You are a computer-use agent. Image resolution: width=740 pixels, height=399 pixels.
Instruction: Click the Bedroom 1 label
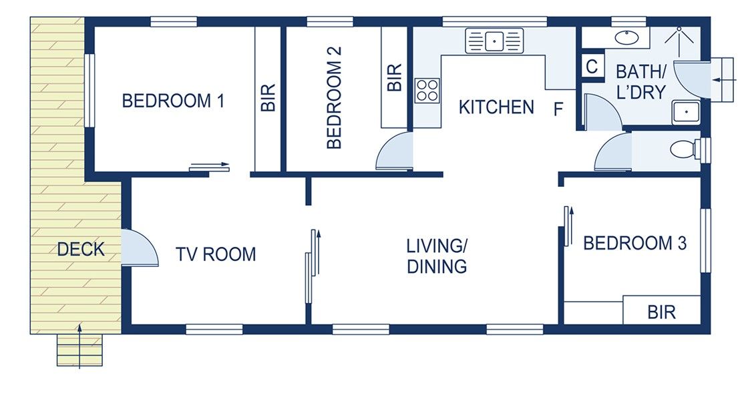coord(173,101)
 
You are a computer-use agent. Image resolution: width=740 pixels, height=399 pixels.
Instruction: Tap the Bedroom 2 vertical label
coord(335,97)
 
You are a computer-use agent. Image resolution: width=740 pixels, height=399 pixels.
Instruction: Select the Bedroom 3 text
coord(634,243)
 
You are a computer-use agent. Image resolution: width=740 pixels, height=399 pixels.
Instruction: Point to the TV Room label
coord(216,254)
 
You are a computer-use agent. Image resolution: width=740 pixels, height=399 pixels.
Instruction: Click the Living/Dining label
coord(437,256)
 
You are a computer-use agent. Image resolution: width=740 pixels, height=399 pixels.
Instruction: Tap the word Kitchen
coord(496,107)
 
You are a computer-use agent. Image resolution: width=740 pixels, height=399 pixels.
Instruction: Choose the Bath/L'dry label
coord(640,81)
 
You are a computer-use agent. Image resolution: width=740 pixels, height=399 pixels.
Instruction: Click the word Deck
coord(81,250)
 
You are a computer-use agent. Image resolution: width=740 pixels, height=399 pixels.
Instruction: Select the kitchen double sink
coord(494,41)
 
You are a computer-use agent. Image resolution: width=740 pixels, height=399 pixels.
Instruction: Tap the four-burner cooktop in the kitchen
coord(427,90)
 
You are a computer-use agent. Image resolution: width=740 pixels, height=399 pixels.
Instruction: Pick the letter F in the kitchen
coord(558,110)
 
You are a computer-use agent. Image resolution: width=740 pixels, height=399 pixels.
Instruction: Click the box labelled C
coord(592,67)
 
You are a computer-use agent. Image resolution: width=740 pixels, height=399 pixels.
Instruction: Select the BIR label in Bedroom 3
coord(661,312)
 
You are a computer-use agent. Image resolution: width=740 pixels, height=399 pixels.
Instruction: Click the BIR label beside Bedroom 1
coord(268,97)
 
